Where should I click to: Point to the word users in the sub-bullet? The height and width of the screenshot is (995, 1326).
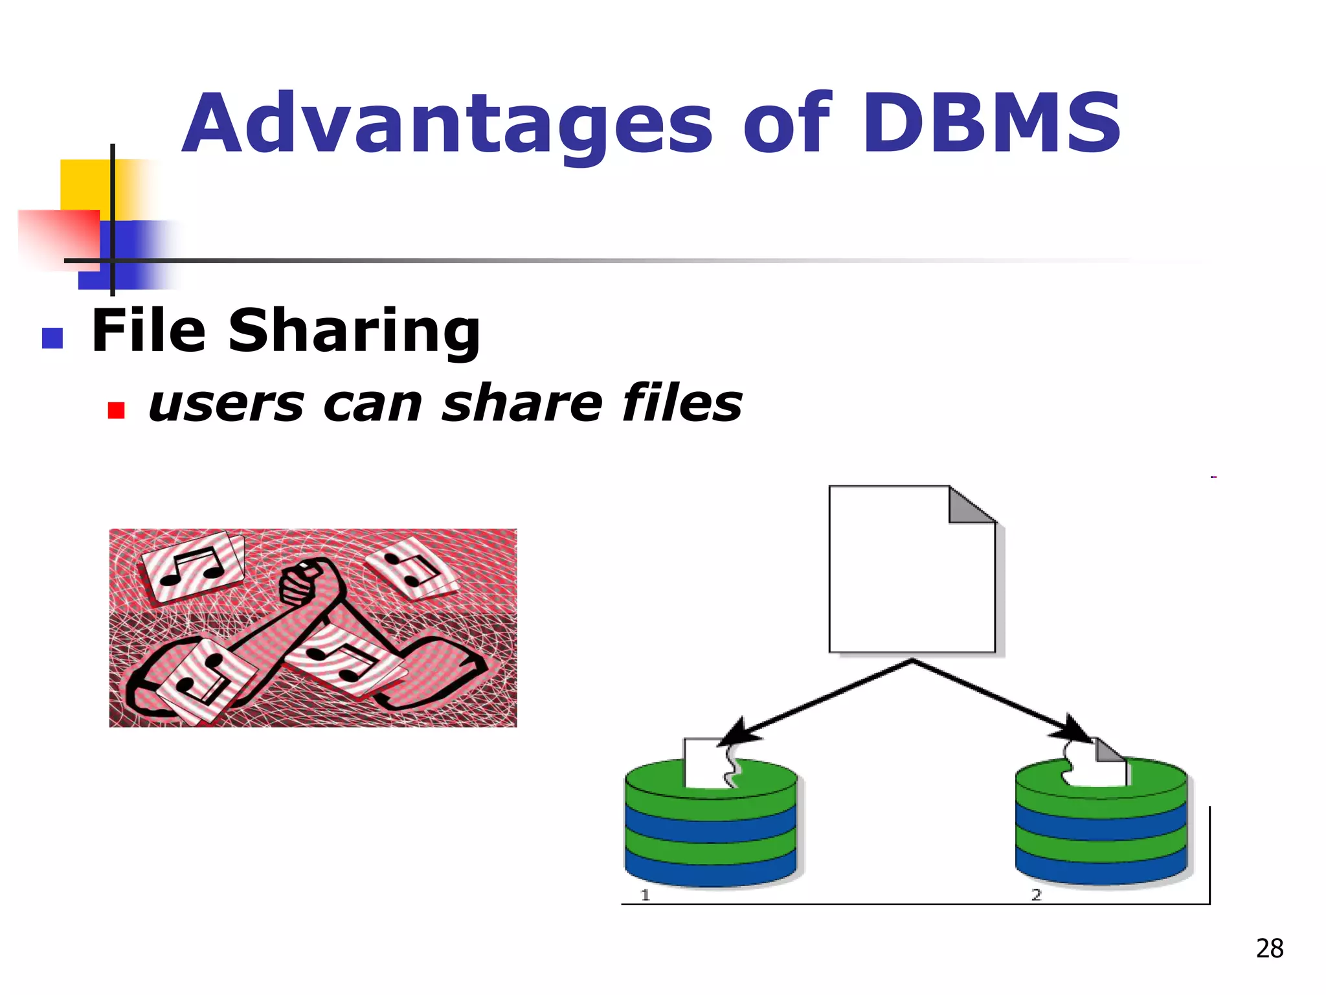click(226, 404)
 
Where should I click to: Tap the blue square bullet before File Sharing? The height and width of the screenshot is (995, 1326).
click(52, 338)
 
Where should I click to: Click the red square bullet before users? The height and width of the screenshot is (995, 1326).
click(116, 411)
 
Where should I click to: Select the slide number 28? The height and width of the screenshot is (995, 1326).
click(1269, 948)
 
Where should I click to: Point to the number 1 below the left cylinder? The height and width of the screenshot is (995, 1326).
click(645, 895)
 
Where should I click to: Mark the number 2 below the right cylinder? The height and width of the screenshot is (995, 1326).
click(1036, 895)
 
